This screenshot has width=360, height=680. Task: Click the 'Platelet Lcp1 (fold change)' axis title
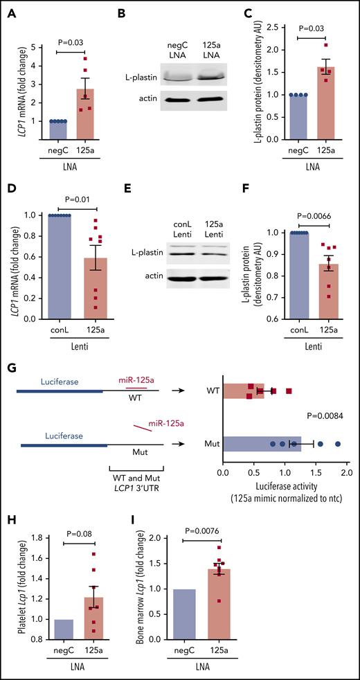10,595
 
